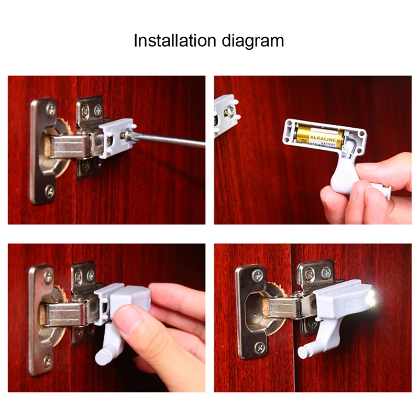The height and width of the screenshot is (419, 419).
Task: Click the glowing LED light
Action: (x=371, y=300)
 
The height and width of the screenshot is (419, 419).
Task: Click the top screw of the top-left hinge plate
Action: (x=50, y=109)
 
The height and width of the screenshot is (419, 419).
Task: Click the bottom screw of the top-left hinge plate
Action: (x=49, y=191)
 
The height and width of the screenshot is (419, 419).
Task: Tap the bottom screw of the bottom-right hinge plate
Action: (x=260, y=347)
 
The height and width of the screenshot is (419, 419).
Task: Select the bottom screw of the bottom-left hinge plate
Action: (x=47, y=361)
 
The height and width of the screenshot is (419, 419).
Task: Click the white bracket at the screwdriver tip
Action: (x=116, y=137)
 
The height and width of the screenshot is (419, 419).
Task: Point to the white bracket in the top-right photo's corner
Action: (x=224, y=113)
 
